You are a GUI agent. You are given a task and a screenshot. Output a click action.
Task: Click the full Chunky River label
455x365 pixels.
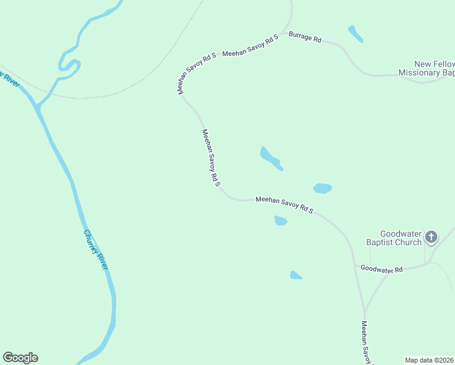click(96, 250)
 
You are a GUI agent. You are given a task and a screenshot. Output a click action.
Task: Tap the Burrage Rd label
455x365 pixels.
click(305, 38)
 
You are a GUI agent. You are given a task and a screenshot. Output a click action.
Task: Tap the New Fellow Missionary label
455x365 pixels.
click(426, 68)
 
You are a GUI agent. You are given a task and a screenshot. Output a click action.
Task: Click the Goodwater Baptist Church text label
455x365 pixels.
click(401, 238)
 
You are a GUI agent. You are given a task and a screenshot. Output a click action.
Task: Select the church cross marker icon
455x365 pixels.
click(431, 237)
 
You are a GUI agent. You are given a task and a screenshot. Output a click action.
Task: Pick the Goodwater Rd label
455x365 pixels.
click(381, 268)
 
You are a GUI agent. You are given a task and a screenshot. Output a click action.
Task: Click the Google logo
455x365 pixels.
click(20, 357)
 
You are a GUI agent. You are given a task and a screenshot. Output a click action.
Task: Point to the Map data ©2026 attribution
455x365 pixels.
click(429, 360)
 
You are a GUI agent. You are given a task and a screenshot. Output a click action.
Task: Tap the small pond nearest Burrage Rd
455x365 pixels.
click(355, 34)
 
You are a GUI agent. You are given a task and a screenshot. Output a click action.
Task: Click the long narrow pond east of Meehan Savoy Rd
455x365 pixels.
click(270, 158)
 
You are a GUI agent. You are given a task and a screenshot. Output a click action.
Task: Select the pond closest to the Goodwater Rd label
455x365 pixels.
click(296, 275)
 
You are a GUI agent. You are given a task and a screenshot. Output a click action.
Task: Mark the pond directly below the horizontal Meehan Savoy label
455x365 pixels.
click(280, 220)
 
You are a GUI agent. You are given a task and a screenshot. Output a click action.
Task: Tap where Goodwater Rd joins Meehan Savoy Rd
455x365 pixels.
click(355, 266)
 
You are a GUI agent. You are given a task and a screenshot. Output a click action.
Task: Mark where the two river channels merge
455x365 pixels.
click(38, 108)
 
